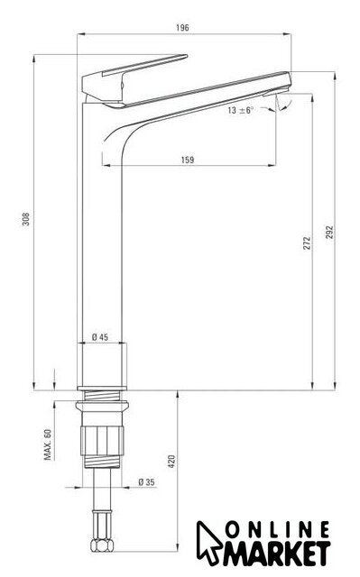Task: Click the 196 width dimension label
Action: click(182, 28)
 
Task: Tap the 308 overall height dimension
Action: click(26, 219)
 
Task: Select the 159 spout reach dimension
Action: click(188, 160)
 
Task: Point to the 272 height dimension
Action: click(307, 243)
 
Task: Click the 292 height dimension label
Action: click(329, 233)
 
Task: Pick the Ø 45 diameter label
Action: click(100, 336)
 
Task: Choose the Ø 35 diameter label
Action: click(146, 481)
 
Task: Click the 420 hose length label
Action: click(171, 462)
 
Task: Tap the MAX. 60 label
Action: click(48, 444)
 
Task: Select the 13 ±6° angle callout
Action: click(241, 110)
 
